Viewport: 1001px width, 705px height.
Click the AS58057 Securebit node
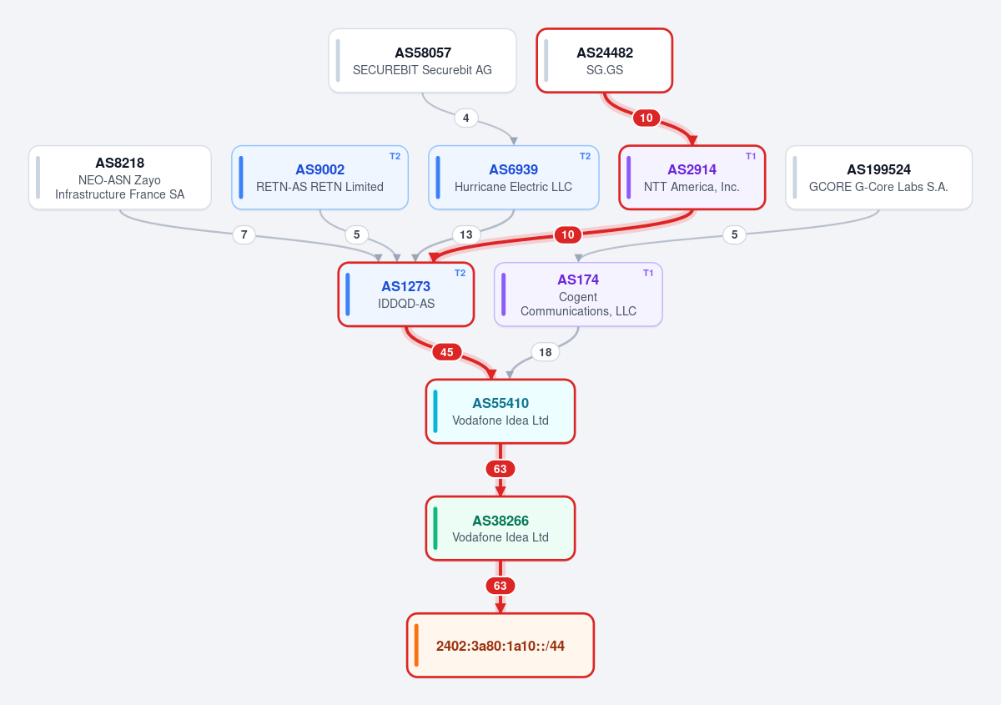click(422, 61)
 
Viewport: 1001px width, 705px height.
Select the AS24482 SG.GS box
click(604, 61)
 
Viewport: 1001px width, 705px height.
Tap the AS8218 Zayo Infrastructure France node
click(120, 178)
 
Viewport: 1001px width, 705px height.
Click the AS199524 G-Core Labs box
click(878, 178)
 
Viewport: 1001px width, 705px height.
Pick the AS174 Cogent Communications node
click(578, 295)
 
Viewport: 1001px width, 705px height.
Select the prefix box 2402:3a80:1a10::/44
click(500, 645)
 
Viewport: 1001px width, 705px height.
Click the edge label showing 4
click(466, 118)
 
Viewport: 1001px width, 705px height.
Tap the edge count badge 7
click(244, 234)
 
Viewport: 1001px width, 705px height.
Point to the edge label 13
click(466, 234)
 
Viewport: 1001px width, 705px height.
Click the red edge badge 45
click(447, 352)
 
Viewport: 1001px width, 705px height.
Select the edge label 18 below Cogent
click(546, 352)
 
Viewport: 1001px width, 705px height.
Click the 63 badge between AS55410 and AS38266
click(500, 469)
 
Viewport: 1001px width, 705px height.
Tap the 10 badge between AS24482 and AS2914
click(646, 118)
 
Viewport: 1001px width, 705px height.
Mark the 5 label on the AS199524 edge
click(734, 234)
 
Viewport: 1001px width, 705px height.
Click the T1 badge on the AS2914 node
click(751, 156)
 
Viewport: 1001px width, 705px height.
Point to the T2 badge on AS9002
click(395, 156)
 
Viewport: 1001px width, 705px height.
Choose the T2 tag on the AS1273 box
click(460, 273)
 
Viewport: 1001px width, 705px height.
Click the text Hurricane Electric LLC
click(513, 187)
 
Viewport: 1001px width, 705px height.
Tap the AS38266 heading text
click(500, 521)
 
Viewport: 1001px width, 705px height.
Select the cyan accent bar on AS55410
click(435, 411)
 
